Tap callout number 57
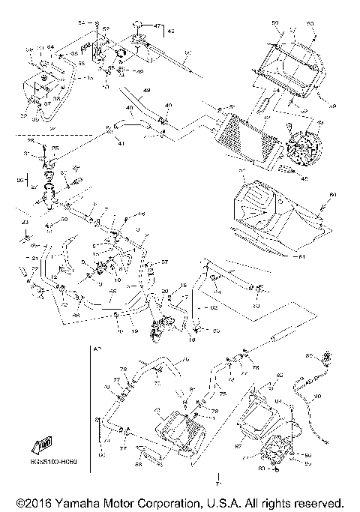(x=166, y=262)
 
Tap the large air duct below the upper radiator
(x=270, y=214)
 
